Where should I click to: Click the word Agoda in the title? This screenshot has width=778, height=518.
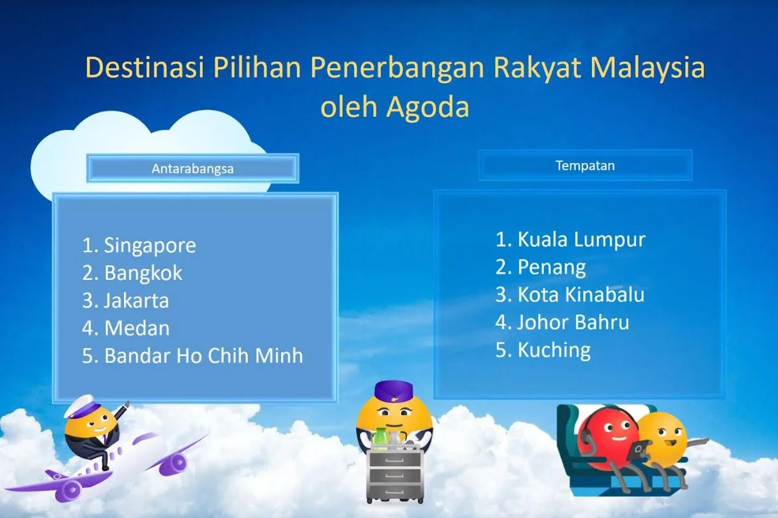(x=427, y=107)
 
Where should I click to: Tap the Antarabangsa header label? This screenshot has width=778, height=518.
(x=193, y=169)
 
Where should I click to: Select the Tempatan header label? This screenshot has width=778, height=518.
(x=585, y=165)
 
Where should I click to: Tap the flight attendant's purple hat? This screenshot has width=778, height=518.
(x=394, y=391)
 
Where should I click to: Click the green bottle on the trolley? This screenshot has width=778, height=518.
(x=380, y=439)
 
